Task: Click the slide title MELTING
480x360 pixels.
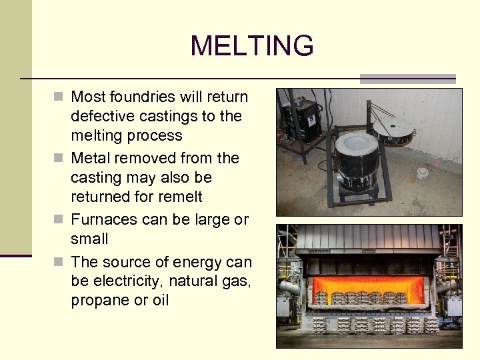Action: click(x=251, y=46)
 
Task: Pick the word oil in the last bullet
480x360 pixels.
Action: click(x=160, y=301)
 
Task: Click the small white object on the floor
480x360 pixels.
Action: click(x=422, y=173)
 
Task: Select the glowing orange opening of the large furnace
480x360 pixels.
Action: click(x=369, y=288)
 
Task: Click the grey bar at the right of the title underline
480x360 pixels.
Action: click(x=407, y=79)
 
